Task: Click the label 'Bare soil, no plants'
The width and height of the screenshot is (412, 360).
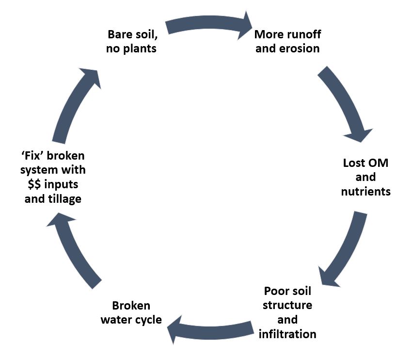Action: coord(132,42)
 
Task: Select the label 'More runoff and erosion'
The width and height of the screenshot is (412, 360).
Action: coord(287,42)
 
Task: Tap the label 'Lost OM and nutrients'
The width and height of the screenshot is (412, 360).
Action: coord(365,177)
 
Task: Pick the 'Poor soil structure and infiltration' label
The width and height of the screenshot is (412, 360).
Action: coord(287,313)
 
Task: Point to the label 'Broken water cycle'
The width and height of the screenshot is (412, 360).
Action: coord(131,313)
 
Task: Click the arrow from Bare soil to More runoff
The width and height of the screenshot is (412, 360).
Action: coord(208,27)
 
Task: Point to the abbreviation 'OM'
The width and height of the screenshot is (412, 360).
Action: coord(378,163)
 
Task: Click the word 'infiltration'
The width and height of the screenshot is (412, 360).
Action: coord(287,334)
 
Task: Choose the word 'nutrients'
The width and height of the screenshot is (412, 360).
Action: coord(365,191)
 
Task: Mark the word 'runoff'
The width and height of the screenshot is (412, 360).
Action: coord(304,34)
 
